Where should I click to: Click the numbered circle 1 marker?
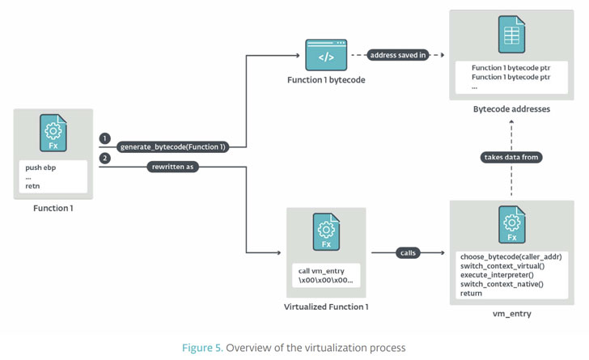click(x=105, y=138)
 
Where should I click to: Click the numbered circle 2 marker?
click(x=105, y=158)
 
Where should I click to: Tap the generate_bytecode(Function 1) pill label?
click(x=173, y=147)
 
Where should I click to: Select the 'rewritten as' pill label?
click(x=174, y=167)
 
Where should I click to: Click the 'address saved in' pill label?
click(x=397, y=56)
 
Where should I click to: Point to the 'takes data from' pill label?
click(x=511, y=157)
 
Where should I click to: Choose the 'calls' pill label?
click(x=408, y=253)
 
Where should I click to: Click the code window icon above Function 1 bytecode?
click(x=325, y=56)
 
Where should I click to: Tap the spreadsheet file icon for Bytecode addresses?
click(x=511, y=35)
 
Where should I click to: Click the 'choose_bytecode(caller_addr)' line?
click(x=511, y=256)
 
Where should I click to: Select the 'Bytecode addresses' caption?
click(x=511, y=108)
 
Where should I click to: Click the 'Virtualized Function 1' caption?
click(x=326, y=307)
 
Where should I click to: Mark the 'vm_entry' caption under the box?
click(x=511, y=312)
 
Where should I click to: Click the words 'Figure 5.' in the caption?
click(x=201, y=348)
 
